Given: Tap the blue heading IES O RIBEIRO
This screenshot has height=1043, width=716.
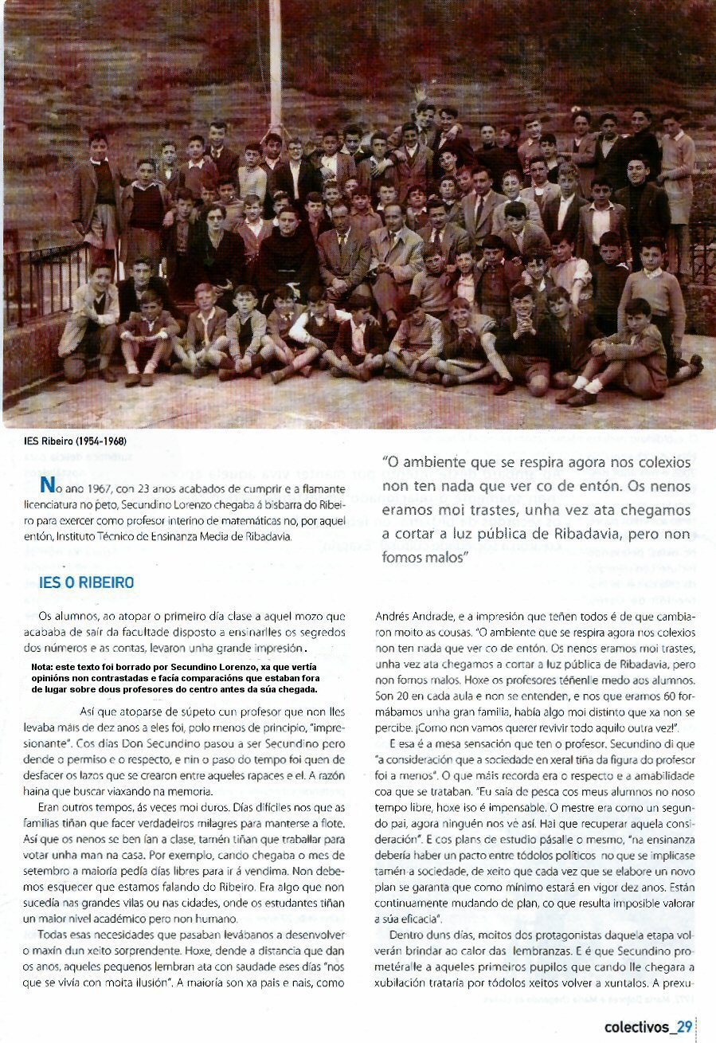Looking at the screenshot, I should pyautogui.click(x=87, y=582).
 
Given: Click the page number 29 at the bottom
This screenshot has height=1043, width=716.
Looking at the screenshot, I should pyautogui.click(x=685, y=1026).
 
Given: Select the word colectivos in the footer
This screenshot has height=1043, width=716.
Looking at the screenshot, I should pyautogui.click(x=636, y=1026).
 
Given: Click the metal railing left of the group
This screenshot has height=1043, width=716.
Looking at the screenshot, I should pyautogui.click(x=48, y=279).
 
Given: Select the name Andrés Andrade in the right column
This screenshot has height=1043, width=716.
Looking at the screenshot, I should pyautogui.click(x=412, y=616).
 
